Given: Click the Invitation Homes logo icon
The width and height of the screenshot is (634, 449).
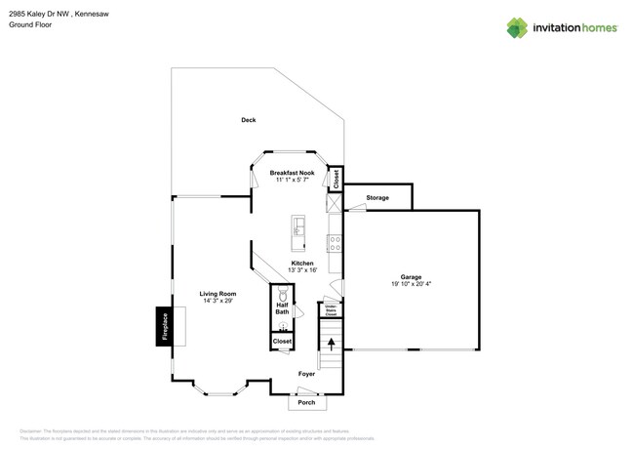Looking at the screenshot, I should (517, 27).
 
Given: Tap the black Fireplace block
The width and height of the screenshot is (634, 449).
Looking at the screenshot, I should (165, 326).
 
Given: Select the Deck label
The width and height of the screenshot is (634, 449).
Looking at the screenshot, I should (249, 120).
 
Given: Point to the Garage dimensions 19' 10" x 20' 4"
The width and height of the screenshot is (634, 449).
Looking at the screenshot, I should (410, 284).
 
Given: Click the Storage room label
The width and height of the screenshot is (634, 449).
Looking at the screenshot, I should (377, 198).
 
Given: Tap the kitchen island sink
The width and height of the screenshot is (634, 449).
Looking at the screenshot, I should (297, 227).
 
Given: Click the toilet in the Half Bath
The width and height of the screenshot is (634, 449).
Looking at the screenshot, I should (283, 295).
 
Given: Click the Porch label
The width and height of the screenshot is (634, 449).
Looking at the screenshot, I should (306, 403).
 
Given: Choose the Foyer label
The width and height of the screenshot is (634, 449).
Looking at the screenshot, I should (306, 374).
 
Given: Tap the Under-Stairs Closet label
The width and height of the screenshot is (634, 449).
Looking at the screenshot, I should (331, 311).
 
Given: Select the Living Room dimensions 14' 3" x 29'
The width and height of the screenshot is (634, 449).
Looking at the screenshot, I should (218, 301).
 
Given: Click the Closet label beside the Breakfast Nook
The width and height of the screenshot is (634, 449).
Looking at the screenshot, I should (336, 178).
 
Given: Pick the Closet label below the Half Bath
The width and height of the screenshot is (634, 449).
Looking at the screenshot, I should (282, 342).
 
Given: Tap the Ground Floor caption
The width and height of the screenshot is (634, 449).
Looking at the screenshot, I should (30, 24).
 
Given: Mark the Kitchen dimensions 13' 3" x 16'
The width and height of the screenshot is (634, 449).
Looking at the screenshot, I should (302, 270).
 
